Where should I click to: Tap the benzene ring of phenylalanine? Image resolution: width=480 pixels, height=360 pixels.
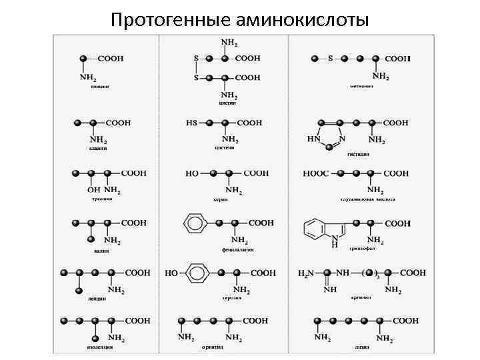(194, 223)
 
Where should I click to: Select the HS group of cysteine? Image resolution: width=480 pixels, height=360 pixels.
(192, 123)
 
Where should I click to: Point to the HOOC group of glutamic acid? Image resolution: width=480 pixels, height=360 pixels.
(316, 173)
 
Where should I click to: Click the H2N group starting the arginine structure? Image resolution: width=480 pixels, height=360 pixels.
(306, 273)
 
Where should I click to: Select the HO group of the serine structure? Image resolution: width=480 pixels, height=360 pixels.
(192, 173)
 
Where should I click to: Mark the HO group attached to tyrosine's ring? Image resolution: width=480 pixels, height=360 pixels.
(171, 273)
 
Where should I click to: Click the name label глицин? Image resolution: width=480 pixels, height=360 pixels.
(100, 86)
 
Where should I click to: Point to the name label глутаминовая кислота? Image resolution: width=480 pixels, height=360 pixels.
(368, 199)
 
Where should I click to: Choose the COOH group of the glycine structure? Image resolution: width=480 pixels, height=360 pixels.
(111, 59)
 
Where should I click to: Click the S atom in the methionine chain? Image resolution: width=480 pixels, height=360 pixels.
(330, 59)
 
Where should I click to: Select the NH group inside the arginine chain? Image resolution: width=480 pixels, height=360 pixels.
(343, 273)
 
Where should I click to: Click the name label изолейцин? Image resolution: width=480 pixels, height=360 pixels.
(99, 347)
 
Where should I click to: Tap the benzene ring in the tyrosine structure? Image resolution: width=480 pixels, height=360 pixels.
(199, 273)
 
